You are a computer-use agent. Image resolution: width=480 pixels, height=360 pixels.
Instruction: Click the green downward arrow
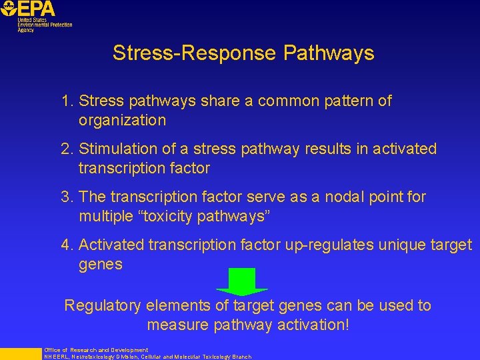tap(242, 281)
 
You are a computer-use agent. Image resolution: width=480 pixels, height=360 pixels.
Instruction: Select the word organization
tap(122, 121)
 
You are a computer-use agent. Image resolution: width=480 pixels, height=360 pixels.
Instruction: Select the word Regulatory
tap(103, 306)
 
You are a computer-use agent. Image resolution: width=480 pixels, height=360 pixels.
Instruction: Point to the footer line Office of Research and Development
tap(96, 350)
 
